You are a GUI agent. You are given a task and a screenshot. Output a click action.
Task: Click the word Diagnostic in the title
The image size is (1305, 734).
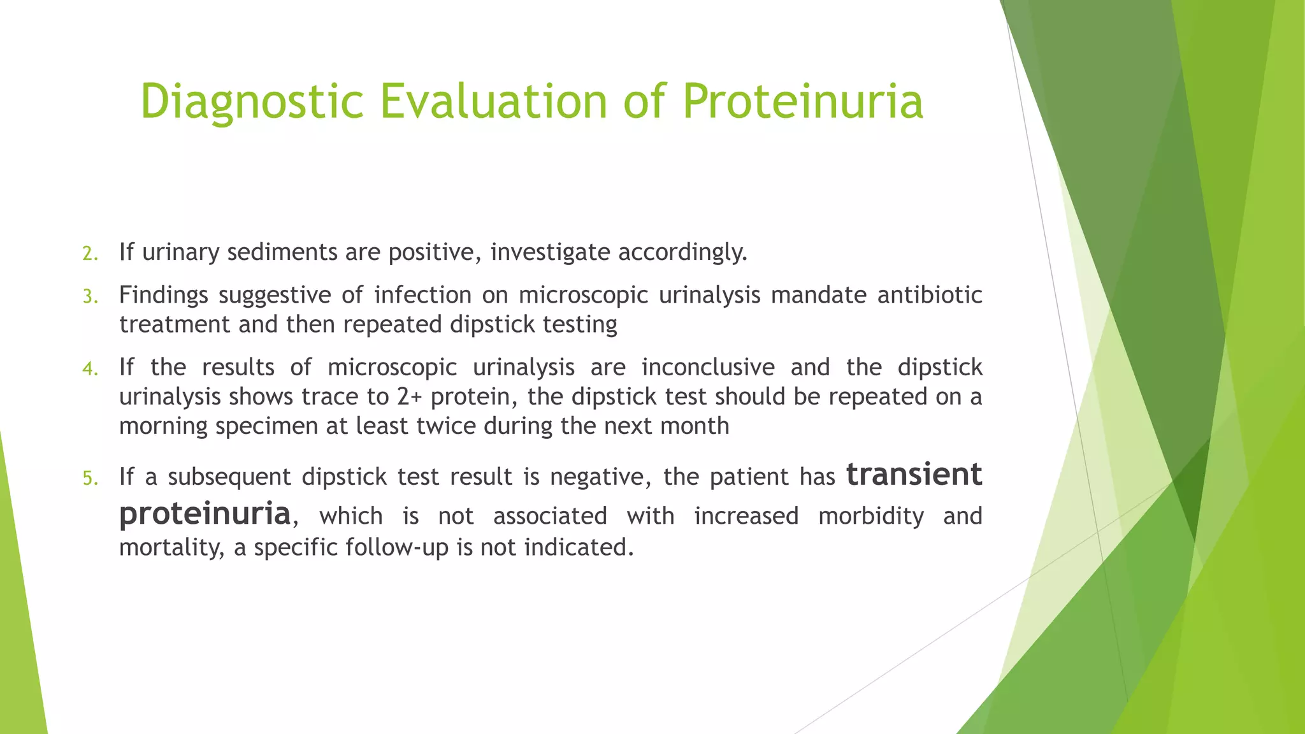(x=252, y=102)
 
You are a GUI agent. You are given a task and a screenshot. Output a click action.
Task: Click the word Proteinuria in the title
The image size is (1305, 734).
(x=803, y=102)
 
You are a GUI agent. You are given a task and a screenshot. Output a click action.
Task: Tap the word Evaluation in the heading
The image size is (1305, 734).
(x=494, y=102)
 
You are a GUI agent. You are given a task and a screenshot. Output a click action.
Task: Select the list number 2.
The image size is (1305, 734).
(x=90, y=254)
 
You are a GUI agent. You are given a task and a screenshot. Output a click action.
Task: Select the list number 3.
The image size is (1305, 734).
(x=90, y=297)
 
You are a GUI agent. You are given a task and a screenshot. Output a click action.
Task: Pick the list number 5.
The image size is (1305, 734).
(x=90, y=479)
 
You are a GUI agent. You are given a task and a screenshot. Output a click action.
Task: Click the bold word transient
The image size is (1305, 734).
(x=914, y=475)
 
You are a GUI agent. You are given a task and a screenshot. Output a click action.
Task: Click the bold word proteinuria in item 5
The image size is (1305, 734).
(x=205, y=514)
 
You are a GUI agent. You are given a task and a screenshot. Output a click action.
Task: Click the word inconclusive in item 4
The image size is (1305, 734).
(x=708, y=368)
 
